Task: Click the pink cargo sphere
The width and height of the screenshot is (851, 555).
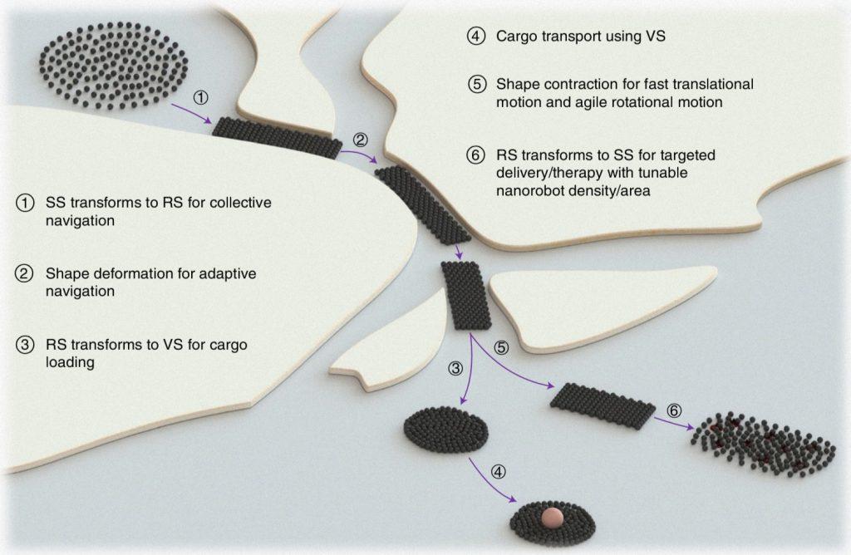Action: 550,517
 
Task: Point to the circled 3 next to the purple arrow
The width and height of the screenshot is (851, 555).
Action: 455,368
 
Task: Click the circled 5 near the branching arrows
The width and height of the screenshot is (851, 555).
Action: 500,347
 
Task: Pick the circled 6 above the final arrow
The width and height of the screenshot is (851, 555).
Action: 675,410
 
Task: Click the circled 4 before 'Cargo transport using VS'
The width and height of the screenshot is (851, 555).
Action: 476,37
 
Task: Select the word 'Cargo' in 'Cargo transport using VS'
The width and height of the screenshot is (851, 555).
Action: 514,37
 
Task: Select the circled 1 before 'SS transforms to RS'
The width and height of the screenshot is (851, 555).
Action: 27,202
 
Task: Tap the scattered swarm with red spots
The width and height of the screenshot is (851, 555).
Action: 763,443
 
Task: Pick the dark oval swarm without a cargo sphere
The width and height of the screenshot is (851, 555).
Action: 445,429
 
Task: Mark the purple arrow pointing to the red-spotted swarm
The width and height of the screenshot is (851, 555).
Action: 672,423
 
